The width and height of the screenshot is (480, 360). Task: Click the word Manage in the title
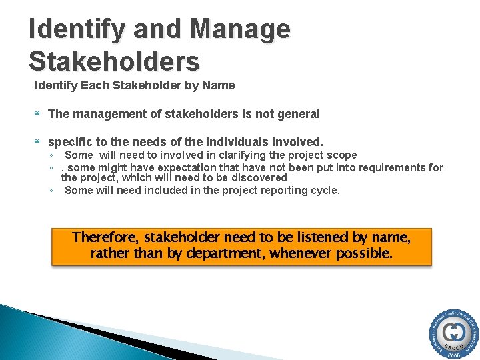(241, 30)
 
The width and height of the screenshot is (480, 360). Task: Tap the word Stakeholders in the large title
(114, 61)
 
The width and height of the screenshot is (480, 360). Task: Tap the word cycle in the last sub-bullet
(325, 190)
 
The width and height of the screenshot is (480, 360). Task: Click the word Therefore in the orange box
(107, 237)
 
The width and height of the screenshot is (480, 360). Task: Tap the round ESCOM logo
(453, 333)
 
